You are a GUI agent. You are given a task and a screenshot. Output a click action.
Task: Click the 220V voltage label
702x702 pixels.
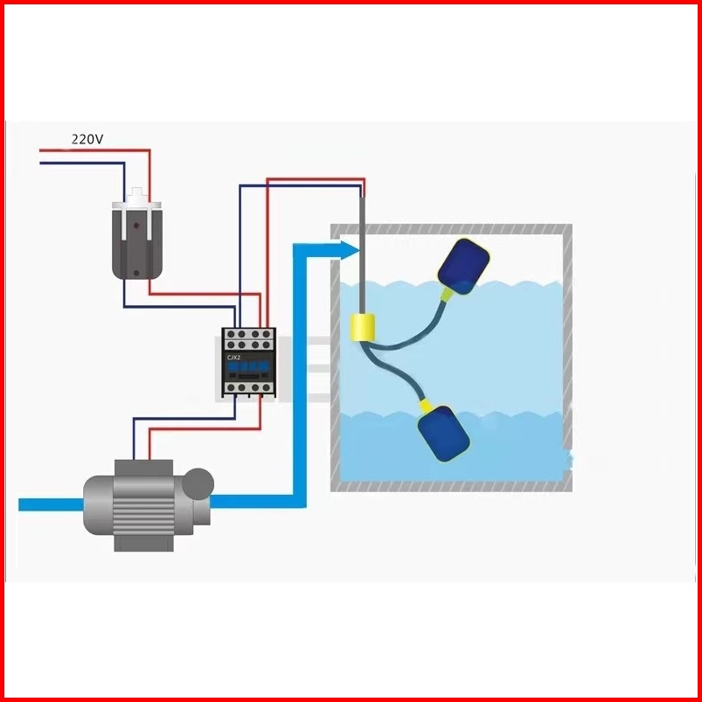pyautogui.click(x=87, y=139)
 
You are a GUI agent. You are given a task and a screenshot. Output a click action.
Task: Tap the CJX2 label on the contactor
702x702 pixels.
pyautogui.click(x=234, y=358)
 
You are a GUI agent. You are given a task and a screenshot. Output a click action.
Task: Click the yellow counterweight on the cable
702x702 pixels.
pyautogui.click(x=361, y=328)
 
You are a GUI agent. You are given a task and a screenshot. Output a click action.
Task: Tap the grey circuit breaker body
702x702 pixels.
pyautogui.click(x=138, y=245)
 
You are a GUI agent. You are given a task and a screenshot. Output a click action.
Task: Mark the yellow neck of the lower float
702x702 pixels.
pyautogui.click(x=427, y=406)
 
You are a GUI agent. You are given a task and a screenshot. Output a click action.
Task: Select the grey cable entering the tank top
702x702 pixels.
pyautogui.click(x=359, y=254)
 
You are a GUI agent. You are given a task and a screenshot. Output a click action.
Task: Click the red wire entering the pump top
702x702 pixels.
pyautogui.click(x=149, y=446)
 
